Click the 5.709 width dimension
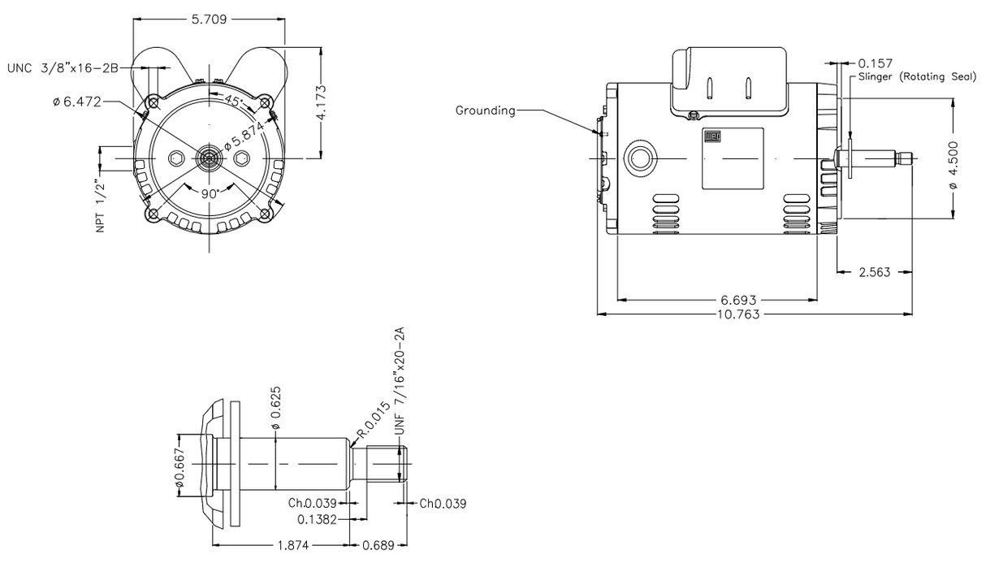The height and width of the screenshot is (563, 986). (x=209, y=19)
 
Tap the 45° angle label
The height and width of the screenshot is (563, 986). (x=233, y=102)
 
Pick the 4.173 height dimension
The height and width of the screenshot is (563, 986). (x=322, y=103)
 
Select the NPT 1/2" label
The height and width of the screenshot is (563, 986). (x=102, y=206)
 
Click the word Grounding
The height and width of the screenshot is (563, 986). (x=485, y=110)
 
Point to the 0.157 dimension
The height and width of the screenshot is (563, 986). (x=876, y=63)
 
